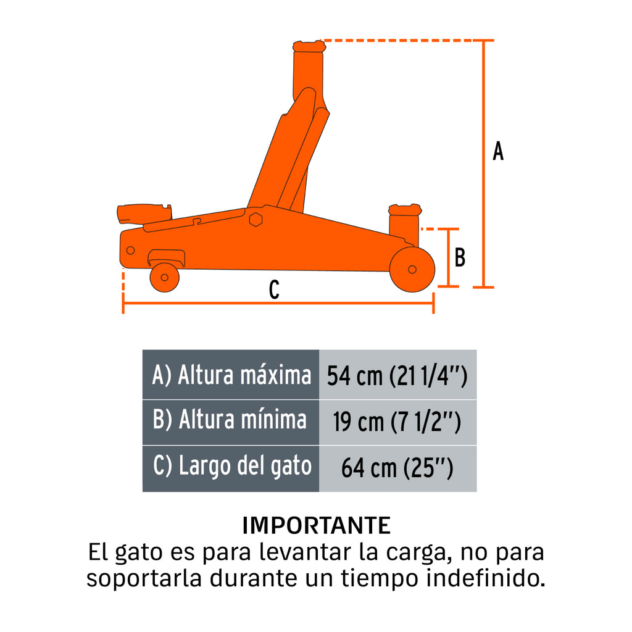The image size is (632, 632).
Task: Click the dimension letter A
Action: click(498, 151)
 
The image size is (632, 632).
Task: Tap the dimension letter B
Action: click(460, 257)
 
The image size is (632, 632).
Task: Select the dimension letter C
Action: click(274, 289)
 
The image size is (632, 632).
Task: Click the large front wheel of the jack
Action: click(412, 269)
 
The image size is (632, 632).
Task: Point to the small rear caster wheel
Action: click(164, 277)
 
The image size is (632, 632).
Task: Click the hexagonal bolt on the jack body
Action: click(256, 220)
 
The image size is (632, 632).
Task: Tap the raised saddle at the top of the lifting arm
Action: click(309, 46)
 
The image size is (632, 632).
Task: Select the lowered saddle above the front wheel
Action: click(405, 210)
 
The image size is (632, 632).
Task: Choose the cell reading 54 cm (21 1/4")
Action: click(397, 375)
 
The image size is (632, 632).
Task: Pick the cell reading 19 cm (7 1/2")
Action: click(397, 422)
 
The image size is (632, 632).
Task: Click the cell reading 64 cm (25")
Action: click(397, 468)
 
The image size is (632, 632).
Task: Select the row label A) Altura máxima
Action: click(232, 375)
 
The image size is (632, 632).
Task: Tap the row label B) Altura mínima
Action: click(230, 419)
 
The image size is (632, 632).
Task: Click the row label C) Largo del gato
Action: click(233, 467)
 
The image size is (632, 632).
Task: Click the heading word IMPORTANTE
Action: click(317, 525)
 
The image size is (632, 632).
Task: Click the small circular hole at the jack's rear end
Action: click(130, 251)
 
